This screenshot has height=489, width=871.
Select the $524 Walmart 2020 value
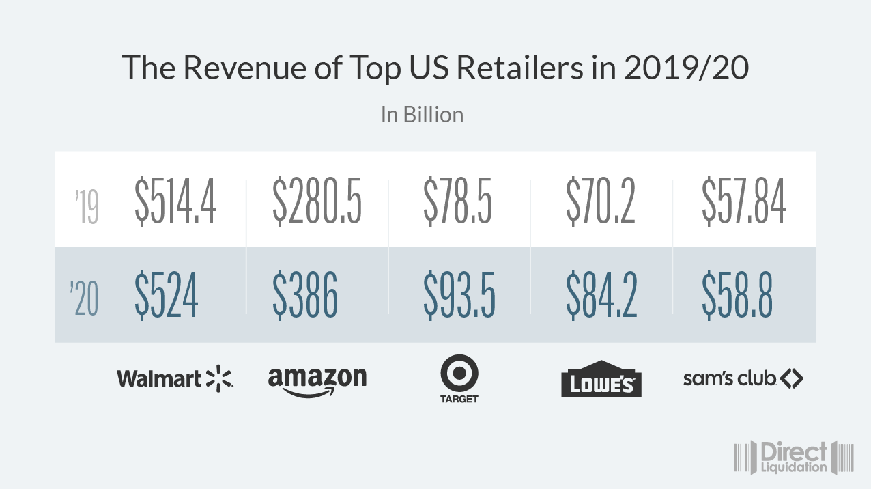[x=167, y=295]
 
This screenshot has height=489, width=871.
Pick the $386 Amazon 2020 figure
[x=305, y=295]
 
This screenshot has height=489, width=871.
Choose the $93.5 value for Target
[x=459, y=295]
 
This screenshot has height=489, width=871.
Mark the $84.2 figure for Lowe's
[x=601, y=295]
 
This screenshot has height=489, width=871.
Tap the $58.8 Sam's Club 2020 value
[x=737, y=295]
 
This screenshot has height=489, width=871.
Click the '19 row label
[x=87, y=208]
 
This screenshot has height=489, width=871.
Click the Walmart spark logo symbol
[x=219, y=378]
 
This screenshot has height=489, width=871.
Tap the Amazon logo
[x=317, y=381]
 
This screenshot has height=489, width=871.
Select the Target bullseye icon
[x=459, y=374]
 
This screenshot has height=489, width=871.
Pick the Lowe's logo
[x=601, y=379]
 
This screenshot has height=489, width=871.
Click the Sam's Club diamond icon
[x=792, y=378]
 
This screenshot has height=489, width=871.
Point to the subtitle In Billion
[x=422, y=114]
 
